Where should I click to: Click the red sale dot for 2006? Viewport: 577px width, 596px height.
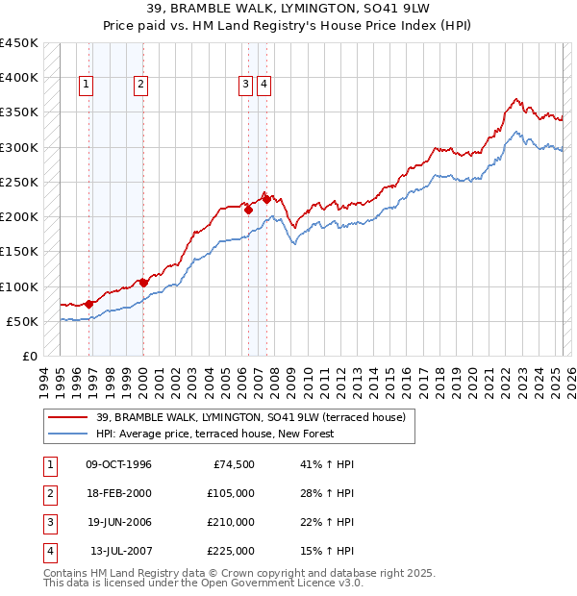click(x=248, y=209)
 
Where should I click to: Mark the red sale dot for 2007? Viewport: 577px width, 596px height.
click(x=266, y=200)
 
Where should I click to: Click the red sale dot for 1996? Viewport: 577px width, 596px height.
click(x=89, y=304)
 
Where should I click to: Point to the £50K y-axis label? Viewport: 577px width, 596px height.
click(x=22, y=321)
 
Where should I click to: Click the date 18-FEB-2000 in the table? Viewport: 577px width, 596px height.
click(x=118, y=492)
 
